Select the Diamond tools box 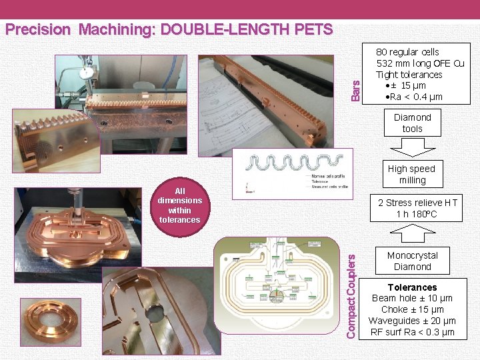coord(412,123)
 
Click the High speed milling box coord(412,175)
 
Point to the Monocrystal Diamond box coord(412,261)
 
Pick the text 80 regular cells coord(407,51)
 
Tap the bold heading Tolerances coord(412,287)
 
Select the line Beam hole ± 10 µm coord(412,299)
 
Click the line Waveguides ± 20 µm coord(412,321)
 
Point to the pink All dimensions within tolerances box coord(179,205)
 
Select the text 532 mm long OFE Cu coord(420,63)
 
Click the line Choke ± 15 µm coord(412,309)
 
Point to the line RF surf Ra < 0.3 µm coord(412,332)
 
